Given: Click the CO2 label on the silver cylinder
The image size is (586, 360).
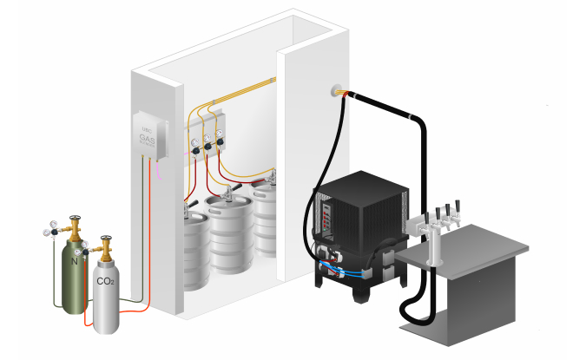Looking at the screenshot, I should point(104,281).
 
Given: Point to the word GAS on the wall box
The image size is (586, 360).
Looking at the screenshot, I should point(148,137).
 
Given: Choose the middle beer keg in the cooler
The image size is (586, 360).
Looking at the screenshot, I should point(230,234).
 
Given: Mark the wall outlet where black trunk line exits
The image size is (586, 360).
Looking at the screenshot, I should point(335,90).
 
